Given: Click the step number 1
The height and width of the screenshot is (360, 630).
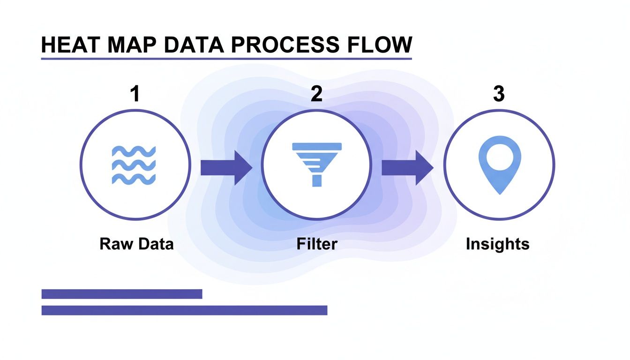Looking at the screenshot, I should [135, 94].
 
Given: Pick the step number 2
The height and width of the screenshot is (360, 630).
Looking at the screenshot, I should [317, 94].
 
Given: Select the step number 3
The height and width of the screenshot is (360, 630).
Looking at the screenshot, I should [499, 94].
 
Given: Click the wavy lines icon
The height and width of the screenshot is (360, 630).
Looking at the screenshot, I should [134, 165].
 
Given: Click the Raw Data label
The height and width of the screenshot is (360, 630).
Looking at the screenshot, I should [136, 244].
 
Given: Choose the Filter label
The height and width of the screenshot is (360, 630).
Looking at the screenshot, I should [317, 244].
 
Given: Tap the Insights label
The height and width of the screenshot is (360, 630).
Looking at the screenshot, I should [497, 244].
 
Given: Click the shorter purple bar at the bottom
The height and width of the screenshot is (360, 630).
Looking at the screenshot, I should [122, 294].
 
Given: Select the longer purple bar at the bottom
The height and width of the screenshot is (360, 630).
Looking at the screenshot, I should [184, 310].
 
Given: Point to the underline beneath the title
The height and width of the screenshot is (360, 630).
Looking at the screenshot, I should [226, 59].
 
